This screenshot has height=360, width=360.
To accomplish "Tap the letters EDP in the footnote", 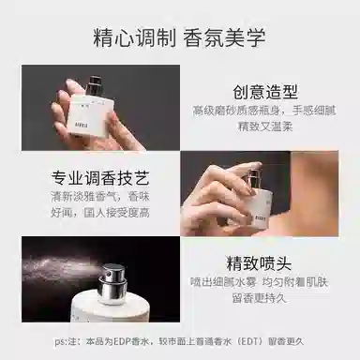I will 123,342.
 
